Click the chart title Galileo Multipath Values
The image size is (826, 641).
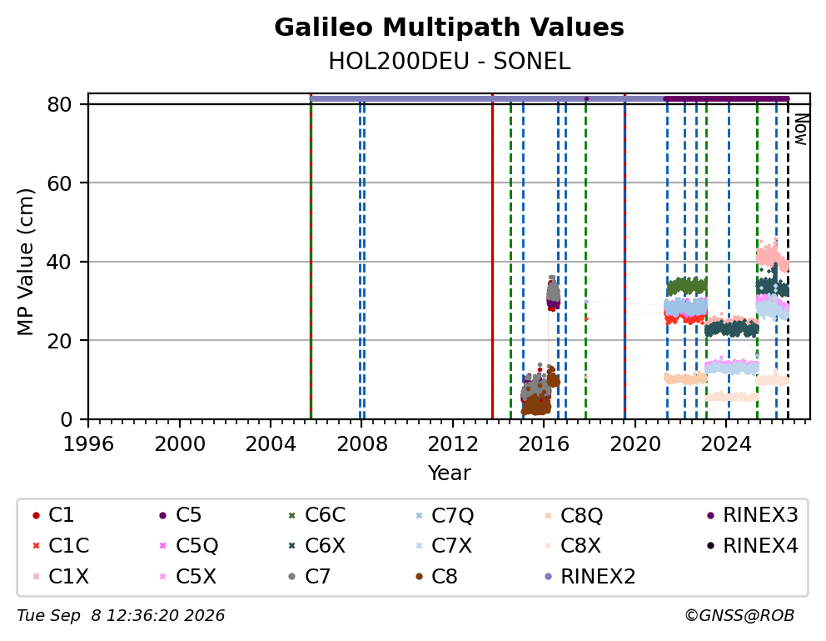449,28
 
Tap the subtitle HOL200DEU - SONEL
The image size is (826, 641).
449,62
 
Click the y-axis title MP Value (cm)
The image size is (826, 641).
25,262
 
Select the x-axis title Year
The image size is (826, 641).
449,473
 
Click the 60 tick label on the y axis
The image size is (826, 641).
59,183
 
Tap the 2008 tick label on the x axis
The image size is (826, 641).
362,444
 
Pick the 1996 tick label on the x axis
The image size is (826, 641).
88,444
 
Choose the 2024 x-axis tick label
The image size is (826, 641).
726,444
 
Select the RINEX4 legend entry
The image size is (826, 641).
752,546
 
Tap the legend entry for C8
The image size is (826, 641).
437,577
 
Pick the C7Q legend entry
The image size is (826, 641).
445,515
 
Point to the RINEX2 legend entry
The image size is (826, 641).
590,577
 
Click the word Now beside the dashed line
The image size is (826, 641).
801,130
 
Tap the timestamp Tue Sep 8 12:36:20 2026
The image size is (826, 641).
121,616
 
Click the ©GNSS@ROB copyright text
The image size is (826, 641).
739,616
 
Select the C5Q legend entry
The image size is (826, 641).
188,546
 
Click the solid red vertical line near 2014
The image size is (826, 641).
493,256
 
